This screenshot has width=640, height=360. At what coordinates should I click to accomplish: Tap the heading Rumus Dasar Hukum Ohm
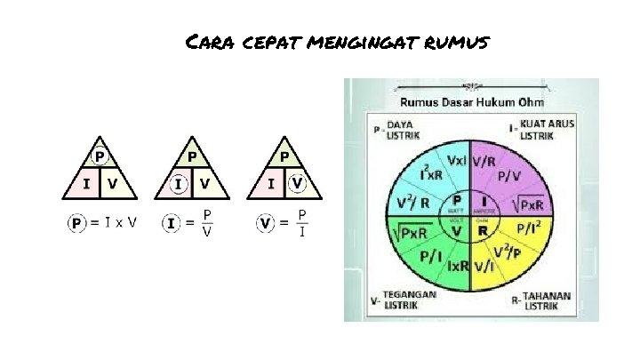[471, 103]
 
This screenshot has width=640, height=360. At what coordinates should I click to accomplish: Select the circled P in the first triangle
[100, 157]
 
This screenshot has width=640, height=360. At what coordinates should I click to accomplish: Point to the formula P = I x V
[102, 222]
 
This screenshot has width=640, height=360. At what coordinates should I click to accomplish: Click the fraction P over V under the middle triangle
[206, 222]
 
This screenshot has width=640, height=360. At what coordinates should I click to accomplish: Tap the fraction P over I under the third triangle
[302, 222]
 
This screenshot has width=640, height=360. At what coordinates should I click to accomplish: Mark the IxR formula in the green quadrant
[458, 266]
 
